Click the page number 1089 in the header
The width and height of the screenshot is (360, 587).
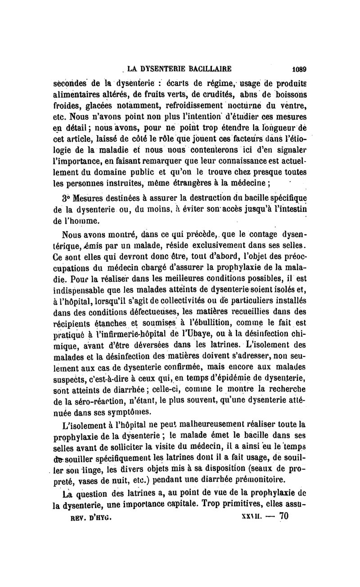pyautogui.click(x=298, y=69)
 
